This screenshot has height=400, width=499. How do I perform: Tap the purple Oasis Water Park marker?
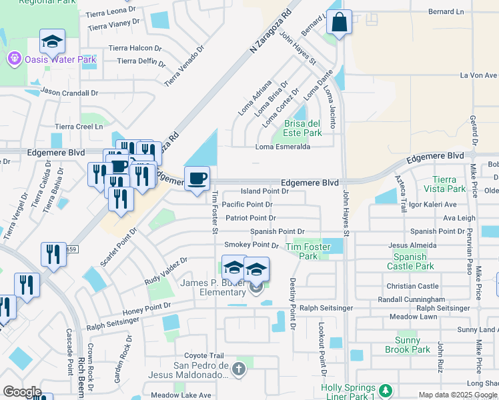14,60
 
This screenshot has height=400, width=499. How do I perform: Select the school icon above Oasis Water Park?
52,43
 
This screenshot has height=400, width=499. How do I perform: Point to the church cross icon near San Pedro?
239,368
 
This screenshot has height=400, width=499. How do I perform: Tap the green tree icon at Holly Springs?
385,389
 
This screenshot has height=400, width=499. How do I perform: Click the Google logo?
22,392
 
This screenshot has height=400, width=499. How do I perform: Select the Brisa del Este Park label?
304,128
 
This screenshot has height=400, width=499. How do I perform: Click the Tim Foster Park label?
308,251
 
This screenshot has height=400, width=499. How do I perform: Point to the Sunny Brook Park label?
408,345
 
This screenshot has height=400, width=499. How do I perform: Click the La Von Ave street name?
479,75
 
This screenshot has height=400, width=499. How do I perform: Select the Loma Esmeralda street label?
284,147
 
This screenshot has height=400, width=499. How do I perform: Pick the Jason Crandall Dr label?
69,93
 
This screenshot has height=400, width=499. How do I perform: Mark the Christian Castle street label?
412,286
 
